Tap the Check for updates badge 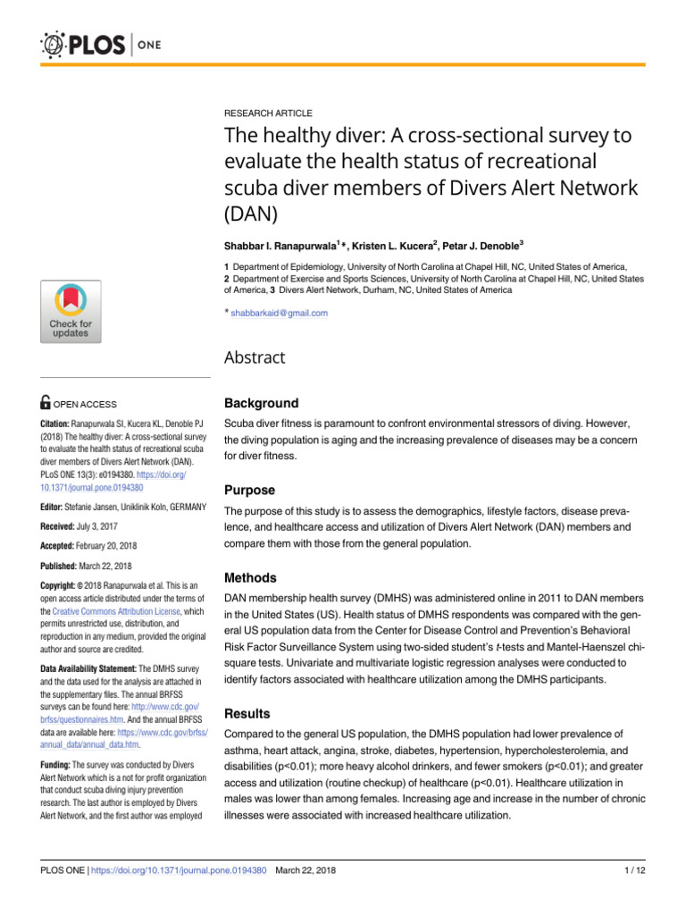pos(70,311)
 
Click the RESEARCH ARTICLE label pos(268,113)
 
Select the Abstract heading pos(255,357)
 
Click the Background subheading pos(261,403)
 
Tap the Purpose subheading pos(249,490)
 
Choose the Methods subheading pos(250,577)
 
